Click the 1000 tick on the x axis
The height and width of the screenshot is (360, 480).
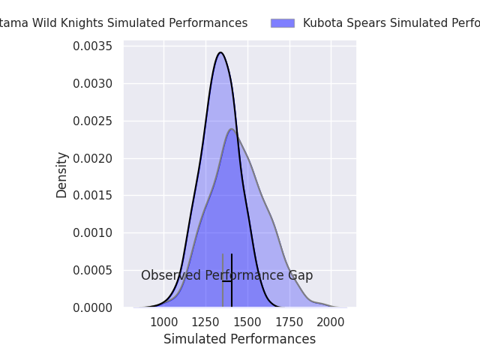pos(163,322)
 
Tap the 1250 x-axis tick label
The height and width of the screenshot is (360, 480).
pos(205,322)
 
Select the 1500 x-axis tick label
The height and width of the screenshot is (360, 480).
pos(247,322)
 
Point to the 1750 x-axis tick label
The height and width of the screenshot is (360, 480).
pos(289,322)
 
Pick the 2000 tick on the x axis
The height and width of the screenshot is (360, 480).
pos(331,322)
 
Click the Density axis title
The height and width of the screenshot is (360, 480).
pos(62,175)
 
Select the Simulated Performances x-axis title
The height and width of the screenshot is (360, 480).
pos(239,340)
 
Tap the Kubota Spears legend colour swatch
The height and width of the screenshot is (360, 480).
pos(283,23)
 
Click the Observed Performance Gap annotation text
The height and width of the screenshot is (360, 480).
pos(226,276)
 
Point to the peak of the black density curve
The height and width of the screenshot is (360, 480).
pos(220,52)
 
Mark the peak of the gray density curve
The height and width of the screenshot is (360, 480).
pos(232,129)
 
